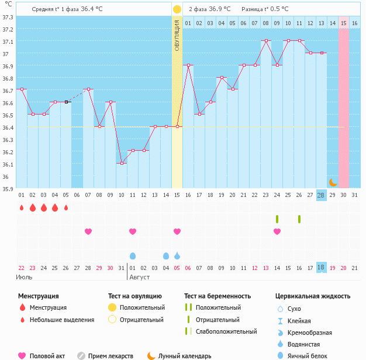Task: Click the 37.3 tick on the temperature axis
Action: pos(8,17)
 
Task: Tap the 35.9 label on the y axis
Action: pos(8,189)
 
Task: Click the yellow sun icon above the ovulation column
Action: pos(177,9)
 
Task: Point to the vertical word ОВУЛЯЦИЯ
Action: pos(177,35)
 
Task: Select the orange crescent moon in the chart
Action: pos(333,182)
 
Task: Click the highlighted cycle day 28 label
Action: pos(321,195)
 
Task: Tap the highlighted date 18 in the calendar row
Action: pos(321,267)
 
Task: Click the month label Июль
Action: pos(24,276)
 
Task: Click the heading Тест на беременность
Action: pos(217,296)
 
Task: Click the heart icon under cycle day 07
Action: pos(88,231)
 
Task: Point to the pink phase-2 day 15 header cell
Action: pos(344,23)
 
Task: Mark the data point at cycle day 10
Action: pos(122,163)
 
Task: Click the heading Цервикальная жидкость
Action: pos(313,296)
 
